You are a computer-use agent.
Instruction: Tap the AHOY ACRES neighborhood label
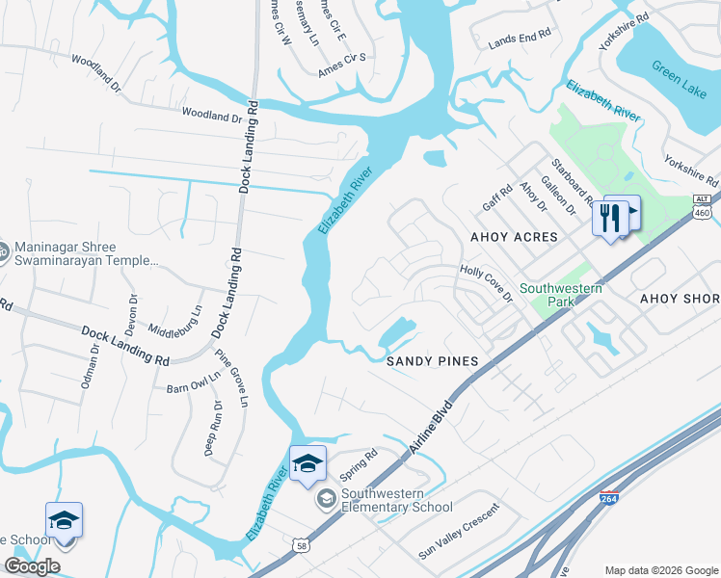point(514,237)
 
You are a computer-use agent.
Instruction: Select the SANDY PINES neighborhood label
point(432,361)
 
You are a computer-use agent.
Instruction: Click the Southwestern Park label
point(561,295)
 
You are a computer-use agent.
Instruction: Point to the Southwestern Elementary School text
point(395,501)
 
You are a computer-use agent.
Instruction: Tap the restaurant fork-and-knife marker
point(609,218)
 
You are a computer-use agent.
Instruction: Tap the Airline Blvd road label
point(430,425)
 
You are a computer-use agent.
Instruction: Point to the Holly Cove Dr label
point(486,284)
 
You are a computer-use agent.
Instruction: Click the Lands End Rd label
point(520,35)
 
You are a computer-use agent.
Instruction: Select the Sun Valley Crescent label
point(459,531)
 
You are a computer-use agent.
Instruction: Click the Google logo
point(33,566)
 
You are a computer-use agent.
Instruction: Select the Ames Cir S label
point(342,65)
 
